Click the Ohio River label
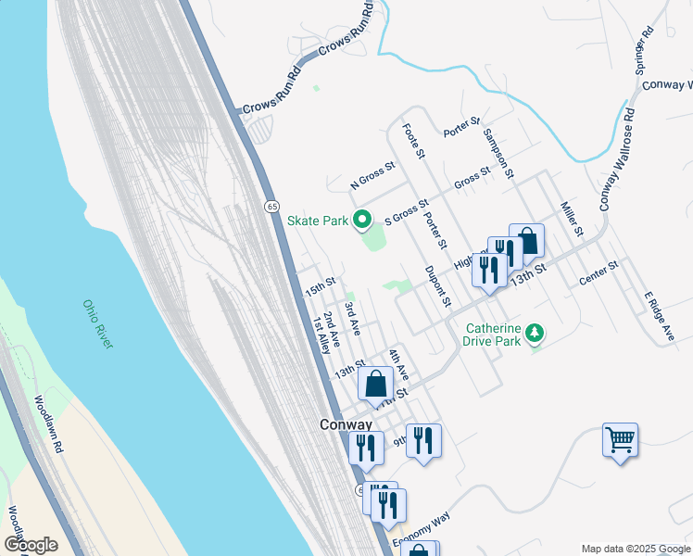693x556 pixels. pyautogui.click(x=97, y=323)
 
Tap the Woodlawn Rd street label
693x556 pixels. pyautogui.click(x=49, y=423)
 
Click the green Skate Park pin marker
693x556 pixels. pyautogui.click(x=362, y=221)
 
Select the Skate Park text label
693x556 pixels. pyautogui.click(x=317, y=221)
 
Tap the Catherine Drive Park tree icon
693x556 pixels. pyautogui.click(x=533, y=332)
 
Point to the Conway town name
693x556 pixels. pyautogui.click(x=346, y=424)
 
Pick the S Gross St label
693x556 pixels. pyautogui.click(x=407, y=212)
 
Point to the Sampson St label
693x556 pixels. pyautogui.click(x=497, y=148)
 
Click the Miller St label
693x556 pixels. pyautogui.click(x=569, y=217)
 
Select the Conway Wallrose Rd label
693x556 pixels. pyautogui.click(x=617, y=159)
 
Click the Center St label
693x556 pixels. pyautogui.click(x=598, y=274)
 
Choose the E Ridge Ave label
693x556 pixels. pyautogui.click(x=659, y=317)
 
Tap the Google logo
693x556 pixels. pyautogui.click(x=31, y=545)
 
